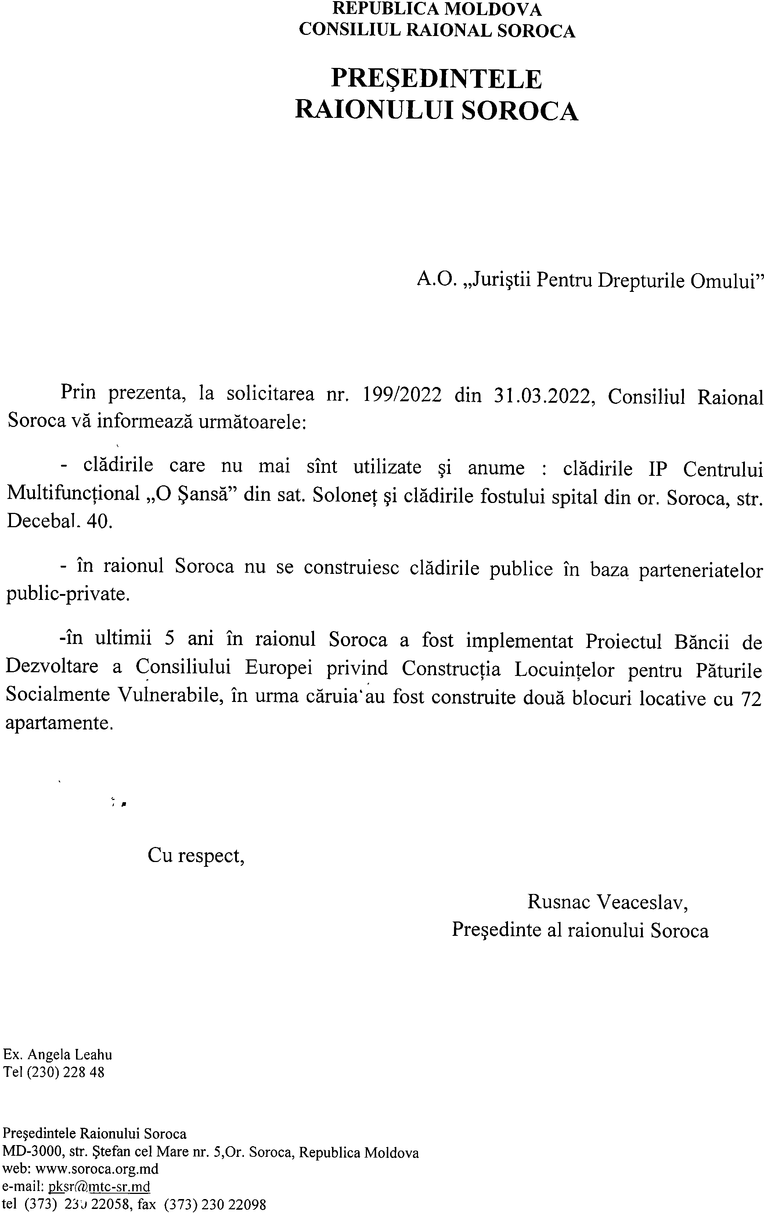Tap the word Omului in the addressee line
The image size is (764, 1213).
tap(727, 280)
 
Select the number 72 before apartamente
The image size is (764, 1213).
tap(751, 699)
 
